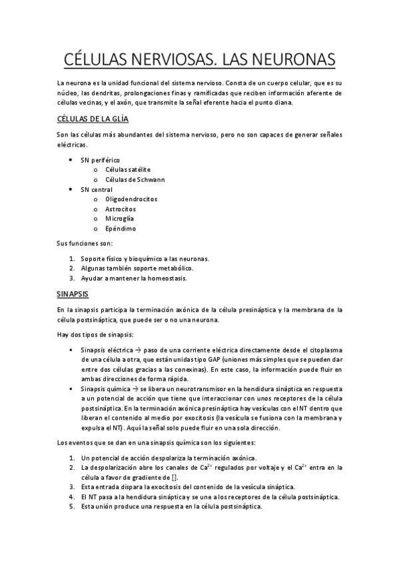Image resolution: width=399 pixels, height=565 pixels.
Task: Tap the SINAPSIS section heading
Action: tap(74, 293)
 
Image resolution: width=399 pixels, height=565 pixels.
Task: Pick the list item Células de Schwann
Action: tap(135, 179)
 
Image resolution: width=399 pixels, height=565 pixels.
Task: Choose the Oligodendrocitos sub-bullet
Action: tap(131, 199)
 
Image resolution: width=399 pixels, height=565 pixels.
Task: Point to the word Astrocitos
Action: tap(121, 209)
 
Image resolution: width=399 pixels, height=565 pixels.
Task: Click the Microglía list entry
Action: tap(120, 219)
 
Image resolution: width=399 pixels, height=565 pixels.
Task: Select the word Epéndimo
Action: tap(121, 229)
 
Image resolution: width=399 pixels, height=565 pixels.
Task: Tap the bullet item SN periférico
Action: tap(101, 160)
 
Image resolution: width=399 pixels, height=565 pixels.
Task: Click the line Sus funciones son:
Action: tap(85, 243)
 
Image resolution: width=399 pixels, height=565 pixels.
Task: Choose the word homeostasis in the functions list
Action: tap(167, 278)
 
